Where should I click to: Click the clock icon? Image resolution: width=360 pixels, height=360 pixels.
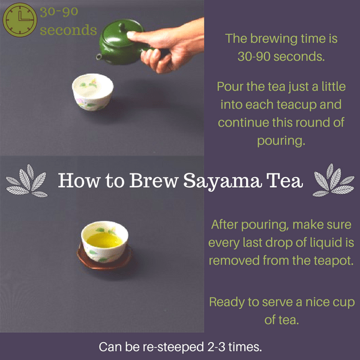[x=20, y=20]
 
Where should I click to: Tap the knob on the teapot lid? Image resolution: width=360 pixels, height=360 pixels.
[x=122, y=26]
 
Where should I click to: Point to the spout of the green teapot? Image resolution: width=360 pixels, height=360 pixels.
[x=99, y=56]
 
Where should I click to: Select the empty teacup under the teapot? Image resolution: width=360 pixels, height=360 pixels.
[x=92, y=92]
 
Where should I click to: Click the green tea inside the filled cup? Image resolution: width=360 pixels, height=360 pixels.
[x=104, y=240]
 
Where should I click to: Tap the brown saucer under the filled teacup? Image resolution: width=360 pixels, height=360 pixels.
[x=104, y=257]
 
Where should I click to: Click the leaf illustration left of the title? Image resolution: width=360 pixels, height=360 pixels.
[x=27, y=181]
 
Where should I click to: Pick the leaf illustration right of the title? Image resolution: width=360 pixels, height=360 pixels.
[x=334, y=181]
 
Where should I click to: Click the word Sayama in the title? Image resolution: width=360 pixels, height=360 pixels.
[x=223, y=182]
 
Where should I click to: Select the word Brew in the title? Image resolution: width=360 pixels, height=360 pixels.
[x=154, y=181]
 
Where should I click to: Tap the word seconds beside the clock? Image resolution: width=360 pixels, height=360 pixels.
[x=68, y=31]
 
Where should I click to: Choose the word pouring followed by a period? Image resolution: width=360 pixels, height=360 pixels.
[x=281, y=141]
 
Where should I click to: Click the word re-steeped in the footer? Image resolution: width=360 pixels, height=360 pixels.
[x=173, y=347]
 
